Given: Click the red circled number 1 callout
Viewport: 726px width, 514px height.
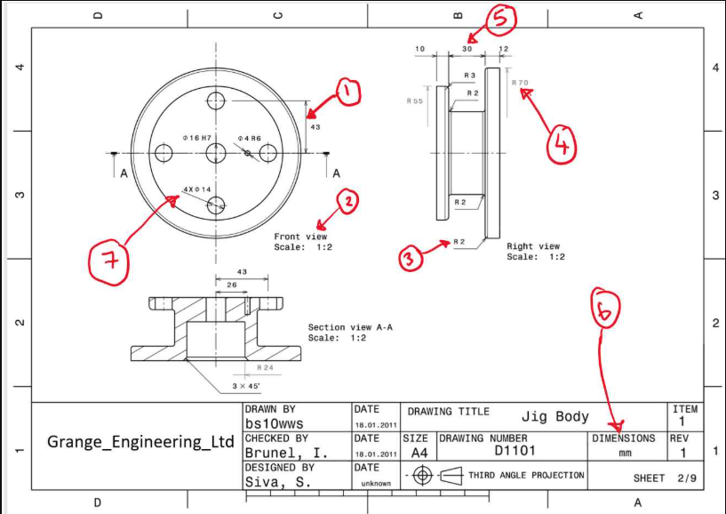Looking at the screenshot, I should point(347,92).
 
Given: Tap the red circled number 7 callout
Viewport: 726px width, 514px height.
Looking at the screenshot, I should point(108,261).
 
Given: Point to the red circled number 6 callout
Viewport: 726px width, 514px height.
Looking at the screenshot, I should point(604,310).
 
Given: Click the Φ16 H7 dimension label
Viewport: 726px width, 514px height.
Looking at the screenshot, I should point(197,138).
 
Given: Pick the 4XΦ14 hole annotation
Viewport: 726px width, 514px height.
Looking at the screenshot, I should point(196,189).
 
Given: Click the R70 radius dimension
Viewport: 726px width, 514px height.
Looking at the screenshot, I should point(520,83).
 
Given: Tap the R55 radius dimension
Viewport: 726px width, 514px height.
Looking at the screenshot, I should point(414,101).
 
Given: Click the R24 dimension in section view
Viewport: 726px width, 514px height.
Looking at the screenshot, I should point(264,366).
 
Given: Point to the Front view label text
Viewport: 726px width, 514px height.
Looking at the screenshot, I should point(300,237).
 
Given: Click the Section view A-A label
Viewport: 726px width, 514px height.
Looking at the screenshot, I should point(350,327).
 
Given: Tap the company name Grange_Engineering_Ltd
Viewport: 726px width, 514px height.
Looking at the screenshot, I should point(140,442).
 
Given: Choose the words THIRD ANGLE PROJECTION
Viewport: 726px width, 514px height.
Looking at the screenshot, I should point(526,475).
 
